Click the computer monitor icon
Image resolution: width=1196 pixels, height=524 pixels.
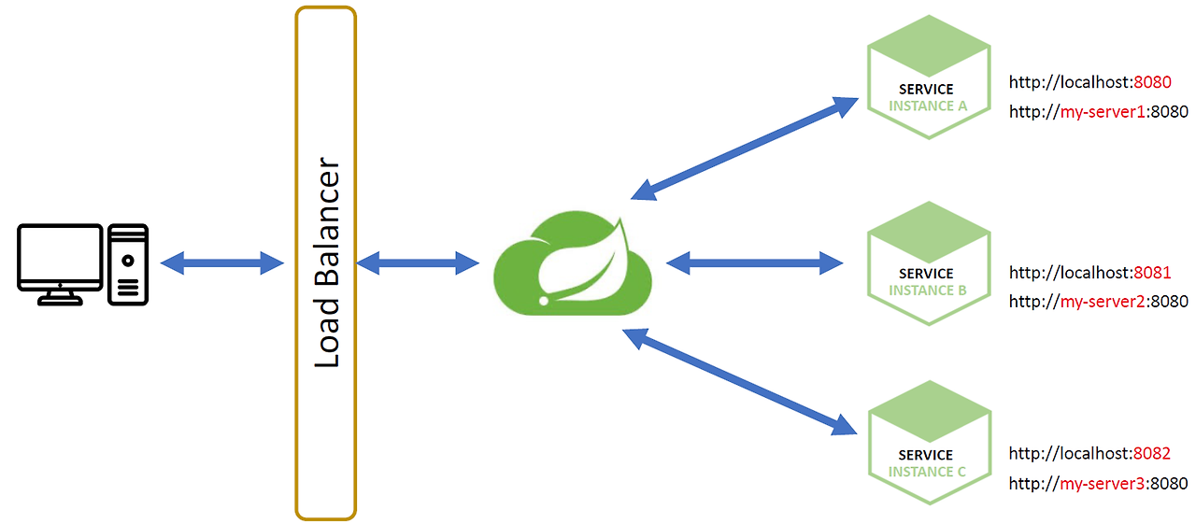click(x=60, y=259)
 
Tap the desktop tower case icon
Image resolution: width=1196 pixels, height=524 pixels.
click(x=128, y=264)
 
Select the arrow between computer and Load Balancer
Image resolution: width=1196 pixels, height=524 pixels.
click(x=221, y=263)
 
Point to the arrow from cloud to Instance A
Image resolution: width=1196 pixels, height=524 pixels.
click(x=745, y=148)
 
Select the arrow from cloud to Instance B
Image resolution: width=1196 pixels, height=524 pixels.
click(x=754, y=263)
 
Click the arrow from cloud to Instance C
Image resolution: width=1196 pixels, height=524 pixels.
click(x=740, y=382)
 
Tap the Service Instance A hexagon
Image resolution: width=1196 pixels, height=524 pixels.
click(x=927, y=78)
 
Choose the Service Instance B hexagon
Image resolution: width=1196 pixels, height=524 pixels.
click(x=927, y=264)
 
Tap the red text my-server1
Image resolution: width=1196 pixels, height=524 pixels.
click(x=1096, y=112)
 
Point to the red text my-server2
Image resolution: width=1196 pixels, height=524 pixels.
click(x=1096, y=302)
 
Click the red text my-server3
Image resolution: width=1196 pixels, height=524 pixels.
click(x=1096, y=484)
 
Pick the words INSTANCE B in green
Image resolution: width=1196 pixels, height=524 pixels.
click(x=927, y=290)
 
